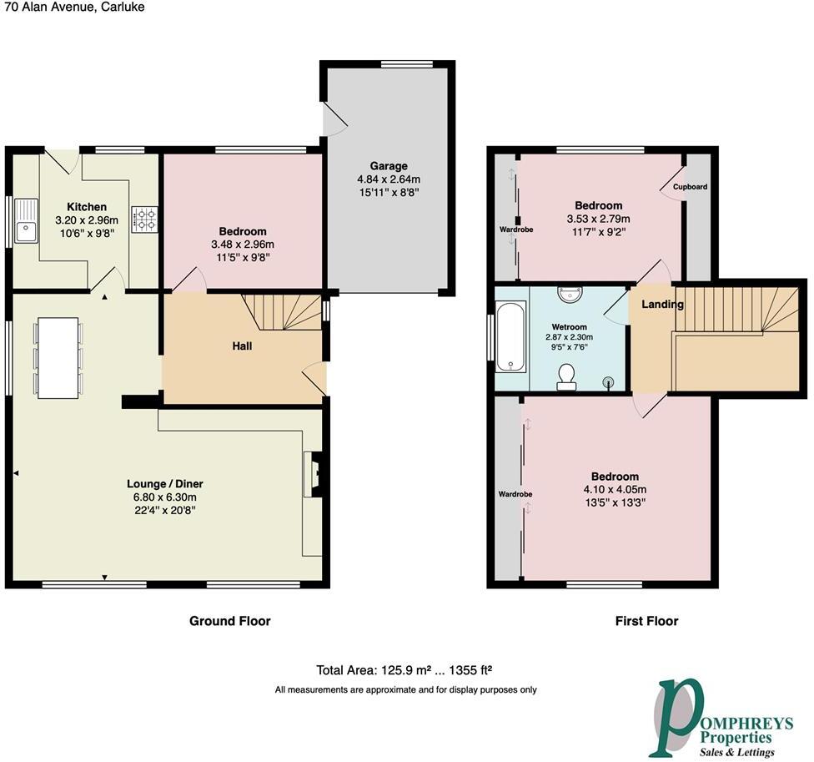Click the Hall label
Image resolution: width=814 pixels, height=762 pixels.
[242, 346]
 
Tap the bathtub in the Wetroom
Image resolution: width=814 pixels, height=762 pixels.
[508, 338]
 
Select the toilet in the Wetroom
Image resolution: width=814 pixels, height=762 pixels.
[569, 376]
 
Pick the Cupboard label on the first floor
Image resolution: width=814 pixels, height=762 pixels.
[690, 187]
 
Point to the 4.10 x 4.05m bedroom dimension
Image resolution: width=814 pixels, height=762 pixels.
[616, 490]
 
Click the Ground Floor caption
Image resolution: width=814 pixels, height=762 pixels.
[230, 621]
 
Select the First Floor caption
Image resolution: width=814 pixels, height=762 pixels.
[646, 621]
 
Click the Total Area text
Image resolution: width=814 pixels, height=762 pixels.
[407, 670]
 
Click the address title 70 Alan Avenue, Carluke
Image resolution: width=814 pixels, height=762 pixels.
[73, 7]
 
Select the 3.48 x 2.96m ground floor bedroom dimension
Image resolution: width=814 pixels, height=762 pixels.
[243, 245]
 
